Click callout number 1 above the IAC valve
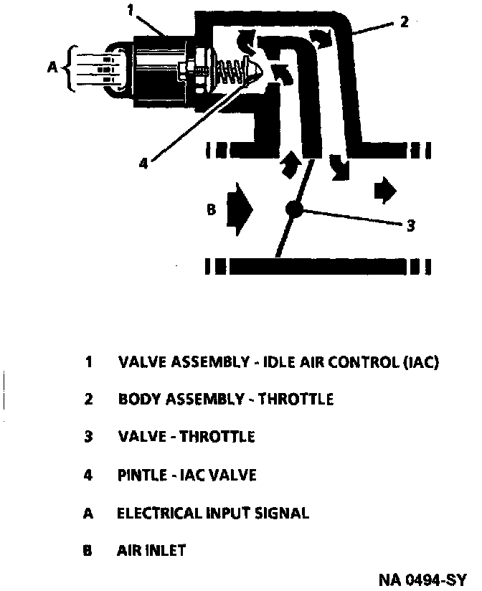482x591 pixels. click(130, 9)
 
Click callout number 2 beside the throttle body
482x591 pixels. click(404, 22)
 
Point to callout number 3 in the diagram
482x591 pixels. click(410, 225)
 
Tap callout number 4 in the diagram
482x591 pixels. click(143, 163)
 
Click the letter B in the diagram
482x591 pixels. click(211, 210)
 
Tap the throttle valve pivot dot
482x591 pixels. click(293, 209)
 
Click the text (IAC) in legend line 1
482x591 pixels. click(420, 362)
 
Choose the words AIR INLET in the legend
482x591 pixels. click(151, 551)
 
